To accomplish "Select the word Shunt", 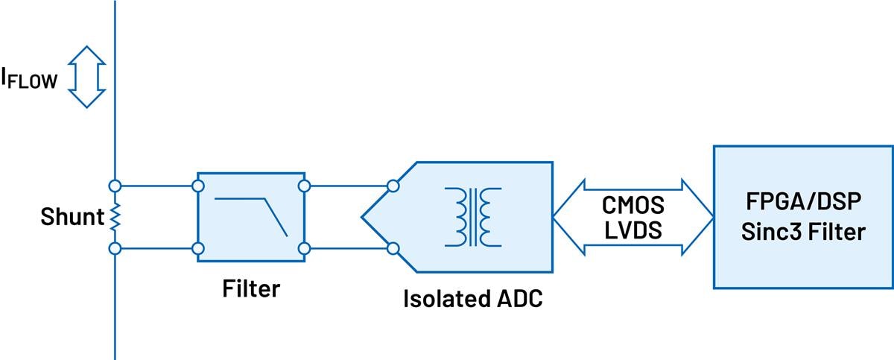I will click(71, 218).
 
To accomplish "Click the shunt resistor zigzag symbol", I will click(115, 218).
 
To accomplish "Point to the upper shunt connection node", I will click(115, 185).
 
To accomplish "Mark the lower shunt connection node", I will click(115, 249).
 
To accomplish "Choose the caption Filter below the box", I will click(250, 288).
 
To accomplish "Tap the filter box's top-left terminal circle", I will click(197, 185).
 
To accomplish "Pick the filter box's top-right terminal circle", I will click(303, 185).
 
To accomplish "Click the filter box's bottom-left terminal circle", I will click(197, 249).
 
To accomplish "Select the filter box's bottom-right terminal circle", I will click(303, 249).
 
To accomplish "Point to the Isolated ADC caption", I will click(472, 300).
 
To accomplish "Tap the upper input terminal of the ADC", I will click(393, 185).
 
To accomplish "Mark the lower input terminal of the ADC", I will click(393, 249).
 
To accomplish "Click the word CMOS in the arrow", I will click(633, 203).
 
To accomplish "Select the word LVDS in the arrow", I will click(633, 231).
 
